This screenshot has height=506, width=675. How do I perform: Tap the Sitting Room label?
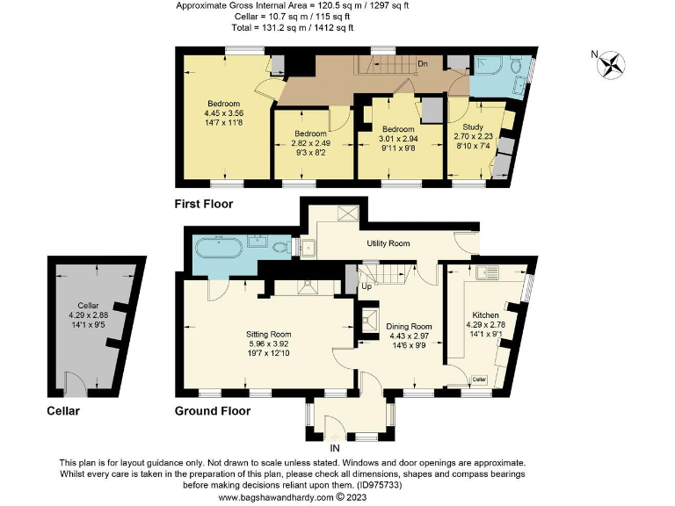pyautogui.click(x=268, y=334)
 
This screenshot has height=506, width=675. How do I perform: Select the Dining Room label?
pyautogui.click(x=410, y=326)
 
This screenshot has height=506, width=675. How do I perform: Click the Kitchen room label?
pyautogui.click(x=485, y=314)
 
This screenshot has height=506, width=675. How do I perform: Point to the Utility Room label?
pyautogui.click(x=388, y=242)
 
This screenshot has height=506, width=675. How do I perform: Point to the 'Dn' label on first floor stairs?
pyautogui.click(x=422, y=63)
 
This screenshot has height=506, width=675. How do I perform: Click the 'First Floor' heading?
pyautogui.click(x=203, y=203)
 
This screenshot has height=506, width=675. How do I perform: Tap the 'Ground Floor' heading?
pyautogui.click(x=212, y=410)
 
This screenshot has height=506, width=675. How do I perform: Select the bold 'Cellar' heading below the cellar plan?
pyautogui.click(x=63, y=410)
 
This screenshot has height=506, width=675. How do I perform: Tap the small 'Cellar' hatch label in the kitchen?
pyautogui.click(x=479, y=379)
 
